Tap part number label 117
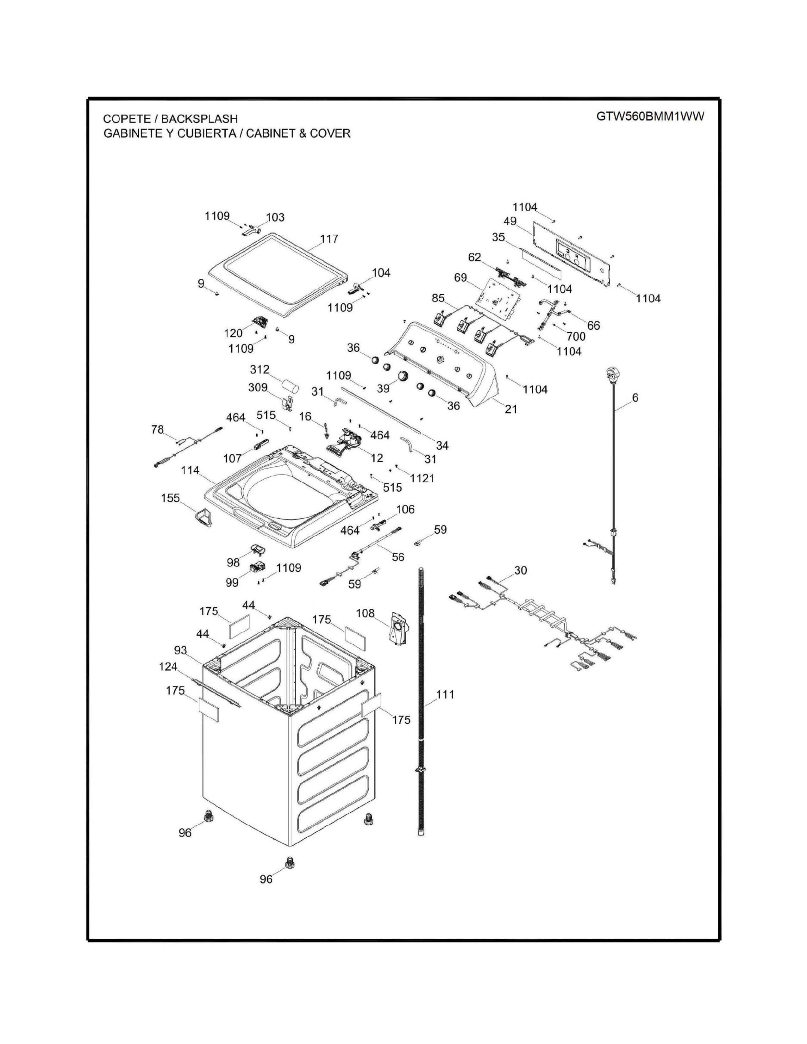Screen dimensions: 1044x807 329,239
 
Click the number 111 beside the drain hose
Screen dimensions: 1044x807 445,694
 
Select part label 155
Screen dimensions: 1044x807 170,498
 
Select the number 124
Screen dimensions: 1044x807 168,666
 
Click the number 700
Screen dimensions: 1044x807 576,337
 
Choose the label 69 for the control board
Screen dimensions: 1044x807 460,278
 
